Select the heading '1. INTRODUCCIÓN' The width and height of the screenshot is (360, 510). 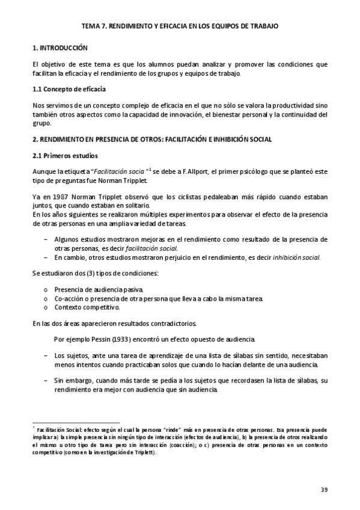click(59, 47)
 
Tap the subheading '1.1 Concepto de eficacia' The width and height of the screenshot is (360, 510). click(68, 90)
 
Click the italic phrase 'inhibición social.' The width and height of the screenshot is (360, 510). click(297, 257)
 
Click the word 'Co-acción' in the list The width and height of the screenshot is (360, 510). click(69, 298)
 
